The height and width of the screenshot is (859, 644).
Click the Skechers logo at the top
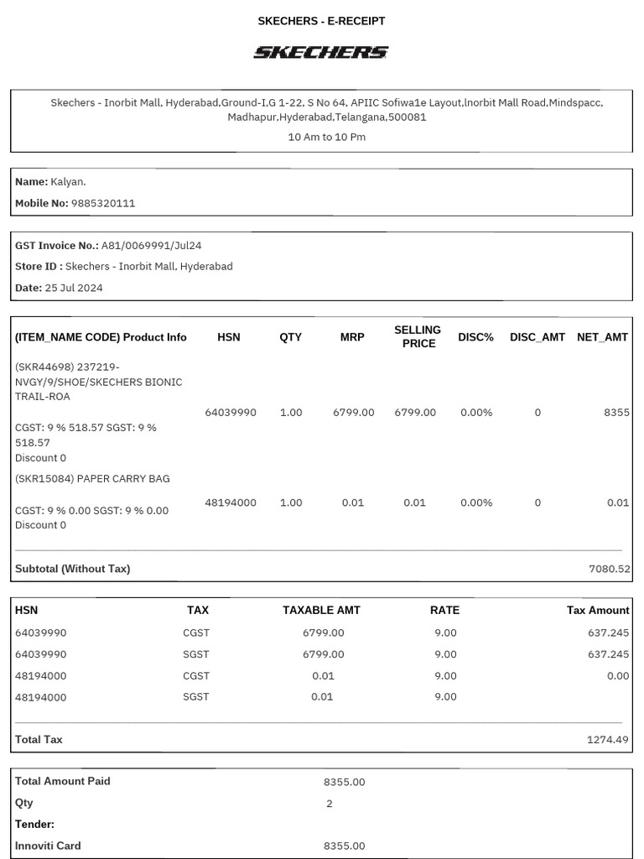pos(321,52)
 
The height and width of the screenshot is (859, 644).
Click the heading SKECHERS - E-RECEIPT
pos(321,21)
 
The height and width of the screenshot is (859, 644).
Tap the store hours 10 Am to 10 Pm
pos(326,137)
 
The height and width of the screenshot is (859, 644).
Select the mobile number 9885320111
pos(103,203)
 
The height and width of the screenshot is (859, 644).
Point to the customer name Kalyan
pos(68,181)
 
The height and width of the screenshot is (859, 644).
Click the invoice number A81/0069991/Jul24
pos(151,245)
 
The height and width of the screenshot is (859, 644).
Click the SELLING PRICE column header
pos(418,336)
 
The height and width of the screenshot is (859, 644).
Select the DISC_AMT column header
pos(538,337)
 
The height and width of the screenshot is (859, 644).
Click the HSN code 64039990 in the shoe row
pos(231,413)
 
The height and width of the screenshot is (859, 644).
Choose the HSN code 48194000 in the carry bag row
pos(231,502)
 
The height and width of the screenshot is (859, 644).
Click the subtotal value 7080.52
pos(609,569)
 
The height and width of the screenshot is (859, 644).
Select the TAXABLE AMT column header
pos(323,610)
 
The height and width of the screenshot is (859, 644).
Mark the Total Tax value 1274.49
pos(609,740)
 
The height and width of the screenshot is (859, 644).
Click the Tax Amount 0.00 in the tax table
pos(617,675)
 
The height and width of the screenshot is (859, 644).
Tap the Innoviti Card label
pos(48,846)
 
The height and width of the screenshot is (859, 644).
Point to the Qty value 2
pos(329,803)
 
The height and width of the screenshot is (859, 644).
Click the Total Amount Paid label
pos(63,781)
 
